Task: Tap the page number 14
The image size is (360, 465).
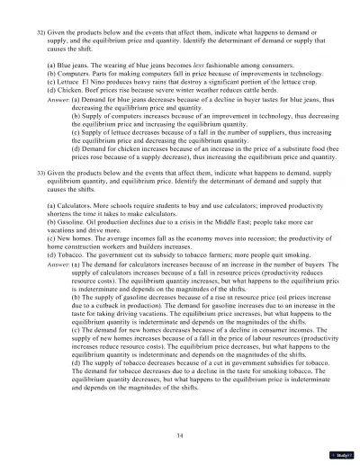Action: [180, 437]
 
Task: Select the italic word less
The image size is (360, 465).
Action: [175, 66]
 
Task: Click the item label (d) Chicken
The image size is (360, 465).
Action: [65, 90]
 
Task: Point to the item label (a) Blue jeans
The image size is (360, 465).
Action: [68, 66]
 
